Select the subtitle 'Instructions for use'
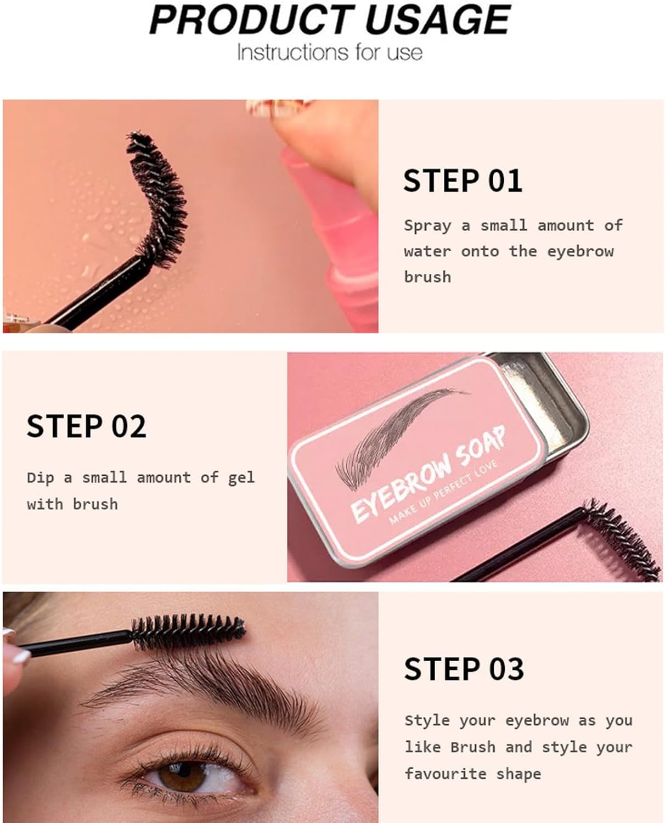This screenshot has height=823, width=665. [x=330, y=52]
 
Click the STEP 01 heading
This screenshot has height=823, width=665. [x=463, y=181]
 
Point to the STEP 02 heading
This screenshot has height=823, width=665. [x=87, y=426]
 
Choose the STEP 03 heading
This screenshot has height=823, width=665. [x=464, y=669]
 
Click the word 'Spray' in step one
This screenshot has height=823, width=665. [x=427, y=226]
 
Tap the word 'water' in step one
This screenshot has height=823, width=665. [x=427, y=252]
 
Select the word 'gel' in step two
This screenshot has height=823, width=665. [x=241, y=478]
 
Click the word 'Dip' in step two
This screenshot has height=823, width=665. [x=40, y=478]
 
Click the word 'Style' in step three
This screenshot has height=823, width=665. [x=427, y=721]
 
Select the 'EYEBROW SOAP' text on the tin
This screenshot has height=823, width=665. [x=427, y=475]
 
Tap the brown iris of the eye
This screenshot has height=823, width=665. [x=182, y=775]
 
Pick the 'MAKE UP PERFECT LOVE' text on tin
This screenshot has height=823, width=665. [x=443, y=493]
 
